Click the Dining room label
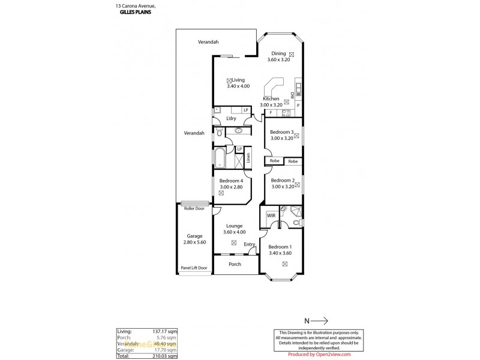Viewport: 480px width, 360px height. (278, 53)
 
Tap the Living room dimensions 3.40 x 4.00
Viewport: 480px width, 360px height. (238, 86)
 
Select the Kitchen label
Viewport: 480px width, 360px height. (271, 98)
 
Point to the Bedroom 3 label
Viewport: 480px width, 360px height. (281, 131)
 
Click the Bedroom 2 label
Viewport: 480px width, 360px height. (281, 180)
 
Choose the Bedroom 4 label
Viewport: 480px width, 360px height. (231, 181)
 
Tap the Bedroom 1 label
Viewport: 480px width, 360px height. (280, 247)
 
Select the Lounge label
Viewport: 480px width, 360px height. (234, 226)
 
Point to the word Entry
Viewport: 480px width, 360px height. (250, 244)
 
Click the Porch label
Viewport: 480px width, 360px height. (235, 264)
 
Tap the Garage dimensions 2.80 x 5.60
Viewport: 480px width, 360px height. (194, 242)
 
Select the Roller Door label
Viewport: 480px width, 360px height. (194, 208)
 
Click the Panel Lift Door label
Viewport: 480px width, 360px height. (194, 268)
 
